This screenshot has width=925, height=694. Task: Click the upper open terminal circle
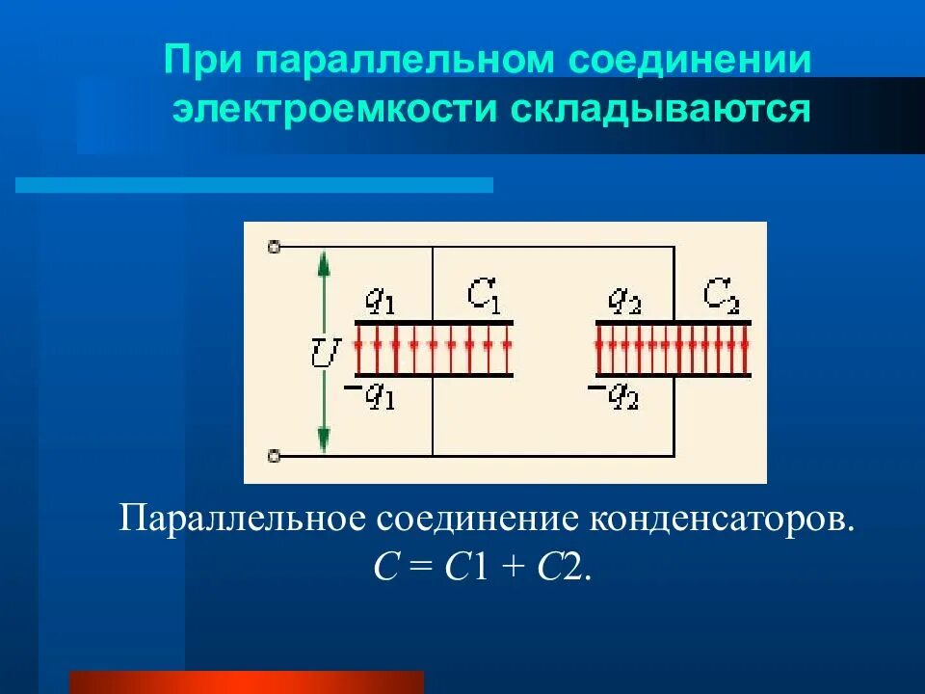coord(274,247)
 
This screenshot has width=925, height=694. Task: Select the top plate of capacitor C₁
coord(434,322)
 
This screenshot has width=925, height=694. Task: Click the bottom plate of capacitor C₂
coord(674,374)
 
